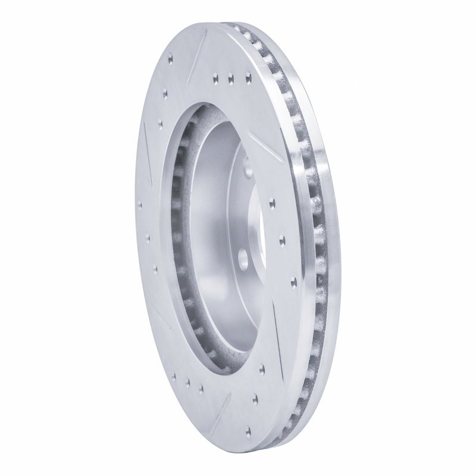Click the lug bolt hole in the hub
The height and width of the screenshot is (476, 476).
244,257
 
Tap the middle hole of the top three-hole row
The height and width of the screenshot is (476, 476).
230,76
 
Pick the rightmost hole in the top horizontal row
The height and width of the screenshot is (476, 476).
248,76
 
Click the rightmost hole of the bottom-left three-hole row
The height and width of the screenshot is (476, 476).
201,389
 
